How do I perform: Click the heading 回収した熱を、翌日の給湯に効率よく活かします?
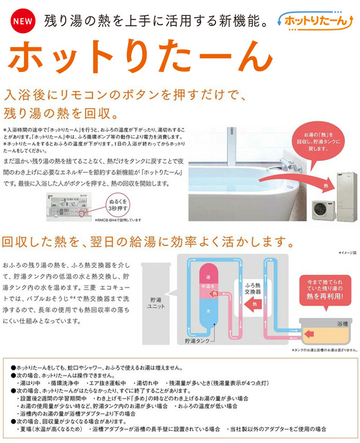tap(148, 242)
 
